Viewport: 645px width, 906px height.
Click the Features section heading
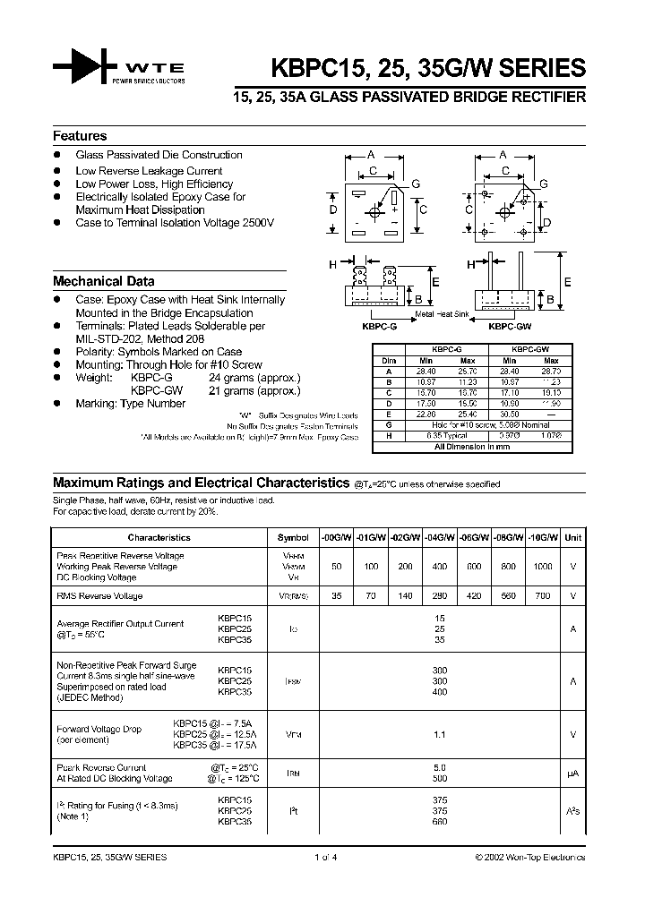pos(80,136)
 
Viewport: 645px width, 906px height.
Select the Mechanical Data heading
pos(103,281)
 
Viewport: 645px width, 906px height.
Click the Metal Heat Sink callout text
pos(442,315)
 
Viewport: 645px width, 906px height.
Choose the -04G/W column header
pos(440,538)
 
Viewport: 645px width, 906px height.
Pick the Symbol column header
pos(293,538)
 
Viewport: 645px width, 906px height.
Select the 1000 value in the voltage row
pos(542,567)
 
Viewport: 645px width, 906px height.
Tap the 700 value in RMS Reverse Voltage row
pos(542,595)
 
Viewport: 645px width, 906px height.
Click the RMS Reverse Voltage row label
pos(99,595)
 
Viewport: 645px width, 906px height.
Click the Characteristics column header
pos(159,538)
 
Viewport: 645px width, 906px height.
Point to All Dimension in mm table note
pos(471,445)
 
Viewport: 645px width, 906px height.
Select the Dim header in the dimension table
pos(388,361)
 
